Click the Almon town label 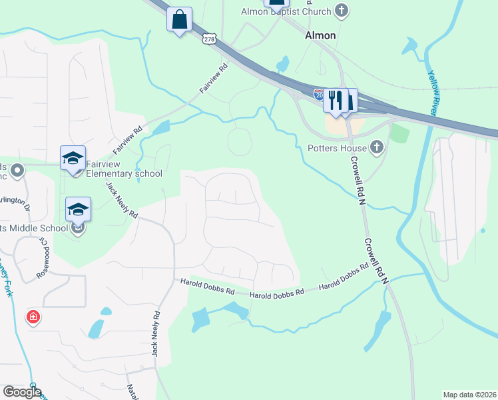point(320,35)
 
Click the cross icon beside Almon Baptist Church point(342,10)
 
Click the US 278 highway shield point(209,40)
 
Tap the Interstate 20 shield point(319,94)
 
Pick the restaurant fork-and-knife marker point(336,100)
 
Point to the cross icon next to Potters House point(377,146)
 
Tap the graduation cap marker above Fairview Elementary point(73,158)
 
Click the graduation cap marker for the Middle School point(78,209)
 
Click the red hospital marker point(32,317)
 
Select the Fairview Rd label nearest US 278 point(214,78)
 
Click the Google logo point(21,392)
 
